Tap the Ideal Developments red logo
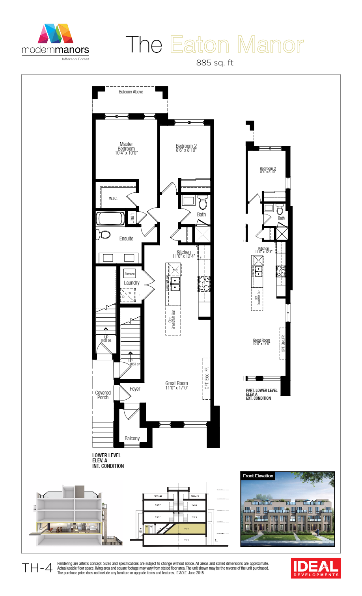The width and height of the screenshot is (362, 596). pos(316,568)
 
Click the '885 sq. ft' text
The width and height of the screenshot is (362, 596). pos(215,63)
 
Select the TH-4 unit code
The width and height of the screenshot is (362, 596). pos(37,568)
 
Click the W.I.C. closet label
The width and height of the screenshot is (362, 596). pos(113,198)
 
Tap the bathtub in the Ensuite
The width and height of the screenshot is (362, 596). pos(111,218)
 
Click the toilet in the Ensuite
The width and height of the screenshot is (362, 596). pos(103,235)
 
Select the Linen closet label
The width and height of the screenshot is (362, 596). pos(132,218)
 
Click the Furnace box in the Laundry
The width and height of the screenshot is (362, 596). pos(129,274)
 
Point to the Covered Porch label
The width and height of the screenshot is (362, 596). pos(103,395)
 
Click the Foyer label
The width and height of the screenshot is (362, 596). pos(135,389)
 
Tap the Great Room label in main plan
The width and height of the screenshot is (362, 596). pos(177,385)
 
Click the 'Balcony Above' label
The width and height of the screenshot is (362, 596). pos(131,92)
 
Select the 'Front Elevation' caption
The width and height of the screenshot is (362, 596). pos(258,476)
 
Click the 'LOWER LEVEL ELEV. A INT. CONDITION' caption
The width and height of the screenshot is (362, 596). pos(108,460)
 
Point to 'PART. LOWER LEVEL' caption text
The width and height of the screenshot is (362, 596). pos(261,390)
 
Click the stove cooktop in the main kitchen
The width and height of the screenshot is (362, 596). pos(204,284)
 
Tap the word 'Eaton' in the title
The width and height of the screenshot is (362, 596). pos(200,45)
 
